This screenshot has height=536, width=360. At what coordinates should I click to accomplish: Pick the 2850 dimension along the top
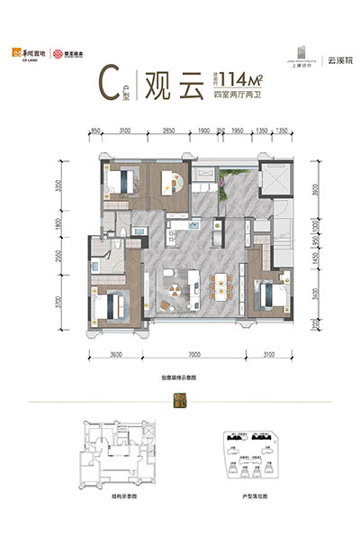coord(168,132)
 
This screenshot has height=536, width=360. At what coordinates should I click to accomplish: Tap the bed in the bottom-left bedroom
coord(112,304)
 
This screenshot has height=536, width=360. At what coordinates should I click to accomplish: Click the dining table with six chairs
coord(221,288)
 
